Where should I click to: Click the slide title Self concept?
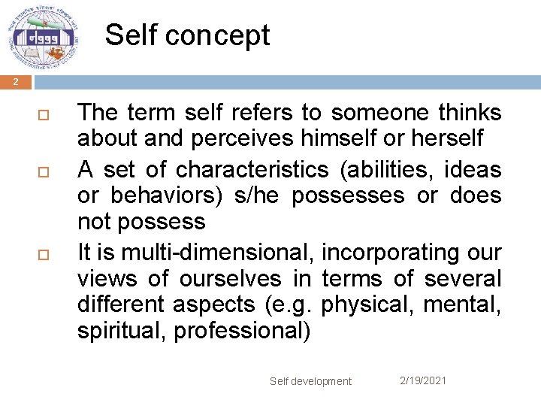click(x=187, y=35)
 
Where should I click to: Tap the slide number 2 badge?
click(x=15, y=83)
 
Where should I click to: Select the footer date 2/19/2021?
click(x=422, y=380)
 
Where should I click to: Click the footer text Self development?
click(x=310, y=381)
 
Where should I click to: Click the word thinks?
click(x=470, y=113)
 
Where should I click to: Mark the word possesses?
click(x=349, y=195)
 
